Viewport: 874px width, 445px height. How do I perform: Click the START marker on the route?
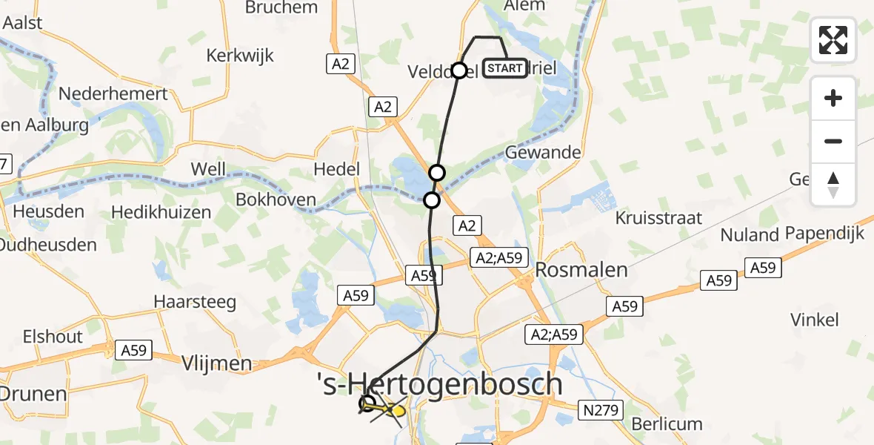[506, 69]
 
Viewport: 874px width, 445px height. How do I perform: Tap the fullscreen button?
[833, 40]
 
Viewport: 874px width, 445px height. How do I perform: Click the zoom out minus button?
[833, 141]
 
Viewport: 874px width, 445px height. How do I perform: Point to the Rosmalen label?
[582, 269]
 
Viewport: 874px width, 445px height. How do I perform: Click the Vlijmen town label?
[217, 364]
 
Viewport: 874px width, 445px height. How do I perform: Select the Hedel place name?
[337, 169]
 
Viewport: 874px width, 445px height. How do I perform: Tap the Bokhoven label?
[276, 200]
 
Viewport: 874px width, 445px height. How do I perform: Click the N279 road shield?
[601, 409]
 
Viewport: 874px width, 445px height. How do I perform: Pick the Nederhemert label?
[113, 94]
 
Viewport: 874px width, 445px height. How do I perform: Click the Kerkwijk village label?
[240, 56]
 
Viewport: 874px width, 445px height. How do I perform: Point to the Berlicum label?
[667, 424]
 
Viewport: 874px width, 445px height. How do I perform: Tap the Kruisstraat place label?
[658, 218]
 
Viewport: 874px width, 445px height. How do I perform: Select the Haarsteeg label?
[195, 302]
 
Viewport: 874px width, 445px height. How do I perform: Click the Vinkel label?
[814, 320]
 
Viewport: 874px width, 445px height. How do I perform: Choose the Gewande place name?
[542, 153]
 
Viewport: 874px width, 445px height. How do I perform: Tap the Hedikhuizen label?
[161, 212]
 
